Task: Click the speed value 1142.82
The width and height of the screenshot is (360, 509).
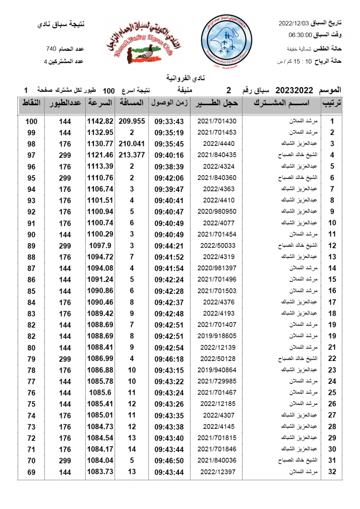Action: coord(100,121)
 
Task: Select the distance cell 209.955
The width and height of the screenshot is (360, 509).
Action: coord(132,121)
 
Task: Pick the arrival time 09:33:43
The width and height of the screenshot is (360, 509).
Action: coord(169,121)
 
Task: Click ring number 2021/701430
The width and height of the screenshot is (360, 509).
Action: coord(217,121)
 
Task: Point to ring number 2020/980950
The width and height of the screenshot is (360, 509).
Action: coord(217,212)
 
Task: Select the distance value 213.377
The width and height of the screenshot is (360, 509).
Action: coord(132,155)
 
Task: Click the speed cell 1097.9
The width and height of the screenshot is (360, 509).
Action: coord(100,246)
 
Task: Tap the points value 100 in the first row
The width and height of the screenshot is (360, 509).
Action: coord(31,121)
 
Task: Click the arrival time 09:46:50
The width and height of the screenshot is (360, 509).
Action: coord(169,461)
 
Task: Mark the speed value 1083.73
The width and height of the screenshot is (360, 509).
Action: coord(100,472)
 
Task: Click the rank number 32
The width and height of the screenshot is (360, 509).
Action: coord(332,472)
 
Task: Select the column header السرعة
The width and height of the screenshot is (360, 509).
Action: coord(100,103)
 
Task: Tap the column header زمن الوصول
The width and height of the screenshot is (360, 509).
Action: coord(169,103)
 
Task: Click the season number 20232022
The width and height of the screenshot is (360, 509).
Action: coord(294,90)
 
